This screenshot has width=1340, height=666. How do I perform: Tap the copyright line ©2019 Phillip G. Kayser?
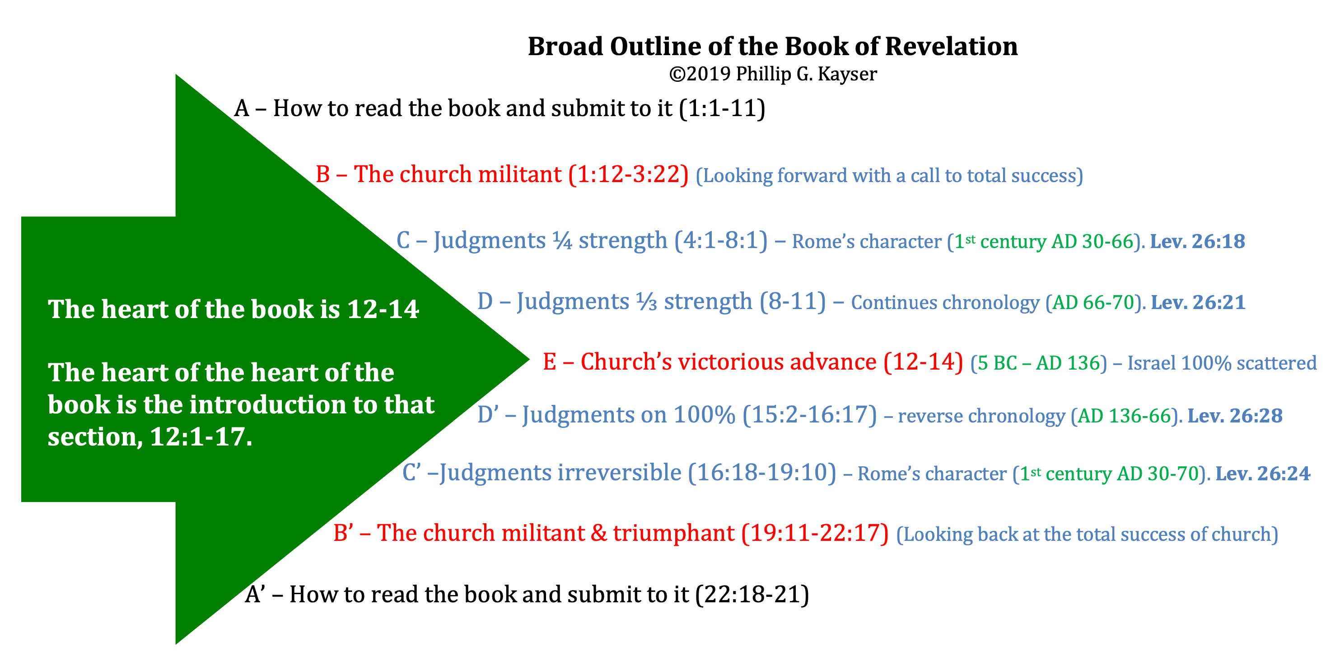(x=773, y=75)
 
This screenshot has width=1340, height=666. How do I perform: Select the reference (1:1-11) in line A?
(x=722, y=108)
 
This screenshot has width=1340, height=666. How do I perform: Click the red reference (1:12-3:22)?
(x=628, y=174)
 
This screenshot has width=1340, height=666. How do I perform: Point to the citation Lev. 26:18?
(x=1197, y=241)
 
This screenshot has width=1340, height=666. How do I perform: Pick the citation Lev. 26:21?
(x=1198, y=302)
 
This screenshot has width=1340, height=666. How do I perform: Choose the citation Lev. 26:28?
(x=1235, y=416)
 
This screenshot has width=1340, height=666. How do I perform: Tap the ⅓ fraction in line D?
(x=647, y=302)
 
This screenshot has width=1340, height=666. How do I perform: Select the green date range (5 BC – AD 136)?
(x=1039, y=363)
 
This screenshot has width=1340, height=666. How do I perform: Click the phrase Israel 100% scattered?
(x=1222, y=363)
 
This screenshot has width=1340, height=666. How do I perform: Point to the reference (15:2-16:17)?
(x=810, y=415)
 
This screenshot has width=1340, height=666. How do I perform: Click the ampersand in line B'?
(x=599, y=533)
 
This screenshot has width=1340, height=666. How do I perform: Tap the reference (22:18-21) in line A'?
(x=752, y=595)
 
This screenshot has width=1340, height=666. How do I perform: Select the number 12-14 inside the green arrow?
(x=383, y=310)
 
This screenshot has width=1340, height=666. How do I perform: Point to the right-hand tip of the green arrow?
(x=529, y=359)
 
